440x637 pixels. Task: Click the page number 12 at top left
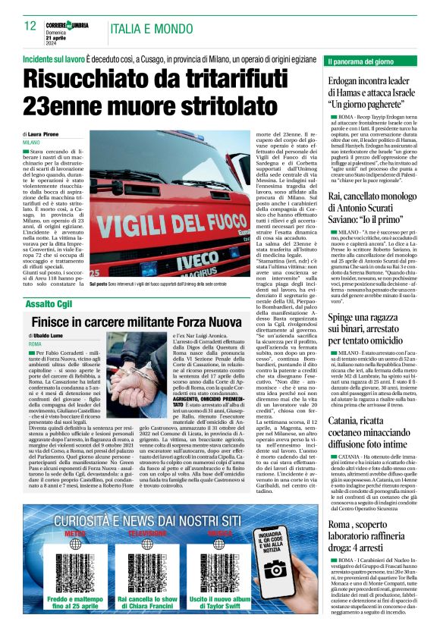(31, 26)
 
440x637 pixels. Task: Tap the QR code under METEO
(75, 569)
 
